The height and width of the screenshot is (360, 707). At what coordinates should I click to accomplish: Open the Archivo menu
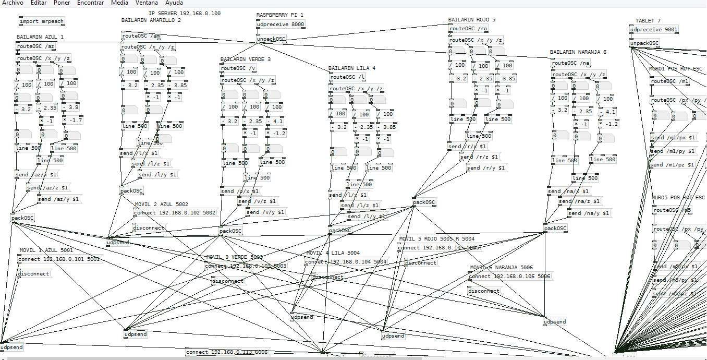point(13,3)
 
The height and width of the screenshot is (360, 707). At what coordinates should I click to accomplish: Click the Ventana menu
point(147,3)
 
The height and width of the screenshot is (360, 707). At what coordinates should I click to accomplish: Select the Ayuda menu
point(174,3)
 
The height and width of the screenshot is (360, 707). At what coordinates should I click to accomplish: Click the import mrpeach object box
point(41,21)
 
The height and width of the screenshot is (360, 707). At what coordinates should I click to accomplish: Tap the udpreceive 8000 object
point(281,25)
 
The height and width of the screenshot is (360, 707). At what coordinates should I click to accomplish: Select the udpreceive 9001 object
point(654,30)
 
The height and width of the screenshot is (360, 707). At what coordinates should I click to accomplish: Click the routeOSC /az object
point(35,46)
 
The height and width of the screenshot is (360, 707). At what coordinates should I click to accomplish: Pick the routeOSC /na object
point(571,63)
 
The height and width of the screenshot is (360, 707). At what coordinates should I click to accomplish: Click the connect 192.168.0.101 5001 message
point(58,259)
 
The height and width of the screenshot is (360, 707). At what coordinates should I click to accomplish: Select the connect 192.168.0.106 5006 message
point(509,277)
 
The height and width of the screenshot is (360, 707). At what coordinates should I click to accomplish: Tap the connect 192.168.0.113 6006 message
point(227,352)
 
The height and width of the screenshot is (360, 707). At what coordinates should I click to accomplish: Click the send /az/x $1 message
point(36,175)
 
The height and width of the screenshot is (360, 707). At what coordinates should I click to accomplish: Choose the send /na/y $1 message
point(589,213)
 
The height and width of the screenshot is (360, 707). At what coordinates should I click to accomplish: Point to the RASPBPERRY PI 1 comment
point(279,15)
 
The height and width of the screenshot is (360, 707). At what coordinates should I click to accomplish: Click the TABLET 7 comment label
point(648,21)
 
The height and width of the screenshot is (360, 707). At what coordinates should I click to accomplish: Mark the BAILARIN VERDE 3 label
point(245,59)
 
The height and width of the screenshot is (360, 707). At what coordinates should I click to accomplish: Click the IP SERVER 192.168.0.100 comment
point(185,13)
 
